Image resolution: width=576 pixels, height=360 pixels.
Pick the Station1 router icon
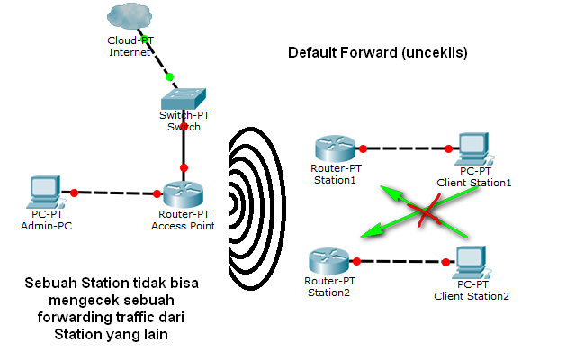[x=335, y=147]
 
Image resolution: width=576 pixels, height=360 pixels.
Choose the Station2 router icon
[x=328, y=262]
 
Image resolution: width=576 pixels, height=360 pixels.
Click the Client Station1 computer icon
[x=472, y=148]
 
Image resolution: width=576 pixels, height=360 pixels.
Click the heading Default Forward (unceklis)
[x=378, y=53]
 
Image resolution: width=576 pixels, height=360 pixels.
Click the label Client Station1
[x=473, y=183]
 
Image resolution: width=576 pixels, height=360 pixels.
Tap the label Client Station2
[x=471, y=296]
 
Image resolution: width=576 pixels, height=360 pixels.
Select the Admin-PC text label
[x=44, y=226]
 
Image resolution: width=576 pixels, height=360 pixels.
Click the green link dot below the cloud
[x=169, y=77]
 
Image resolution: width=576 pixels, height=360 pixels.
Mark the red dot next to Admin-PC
[x=75, y=192]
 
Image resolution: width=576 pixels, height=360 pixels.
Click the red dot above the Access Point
[x=184, y=167]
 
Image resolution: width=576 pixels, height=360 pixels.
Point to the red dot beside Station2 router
[x=357, y=261]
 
